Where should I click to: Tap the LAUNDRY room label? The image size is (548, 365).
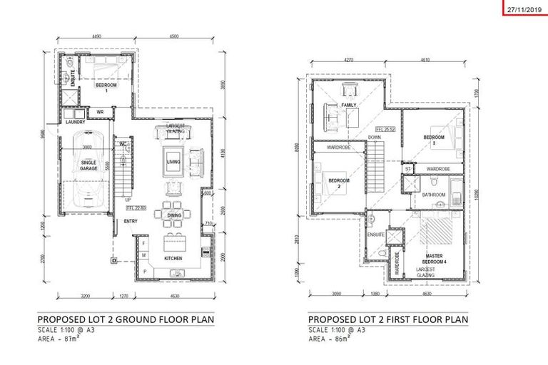coord(75,122)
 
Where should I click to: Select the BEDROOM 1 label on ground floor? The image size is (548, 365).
coord(106,88)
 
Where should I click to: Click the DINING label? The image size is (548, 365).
coord(173,214)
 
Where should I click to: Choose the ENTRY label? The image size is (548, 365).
coord(131,221)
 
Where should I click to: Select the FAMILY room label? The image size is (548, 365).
coord(349,105)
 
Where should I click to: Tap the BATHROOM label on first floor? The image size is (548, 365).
coord(433,195)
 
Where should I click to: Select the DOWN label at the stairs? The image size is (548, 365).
coord(373,138)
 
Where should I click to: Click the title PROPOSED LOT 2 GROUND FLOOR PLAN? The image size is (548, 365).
coord(126,319)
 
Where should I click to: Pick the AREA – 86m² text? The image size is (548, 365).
coord(332,339)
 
